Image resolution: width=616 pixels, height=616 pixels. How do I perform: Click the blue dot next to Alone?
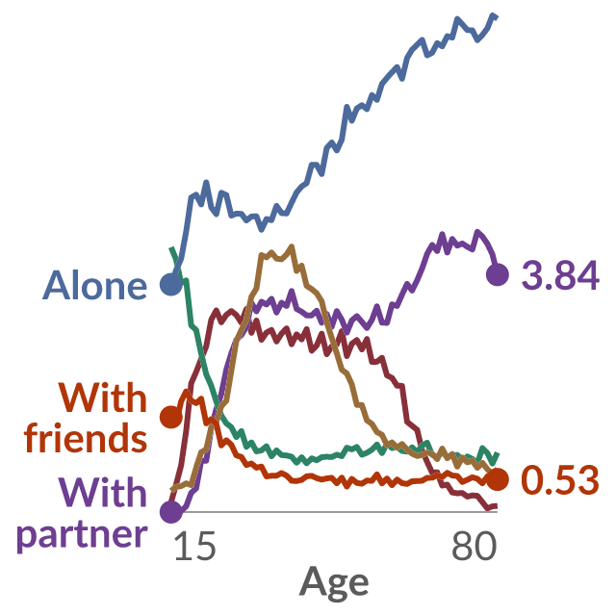pos(171,284)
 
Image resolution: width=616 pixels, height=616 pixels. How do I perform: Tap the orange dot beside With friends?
pos(171,417)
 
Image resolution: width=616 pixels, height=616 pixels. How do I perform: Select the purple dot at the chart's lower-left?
pos(171,512)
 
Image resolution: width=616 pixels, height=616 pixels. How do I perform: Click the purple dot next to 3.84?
pos(498,274)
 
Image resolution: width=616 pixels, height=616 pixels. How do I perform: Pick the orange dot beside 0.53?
pos(498,479)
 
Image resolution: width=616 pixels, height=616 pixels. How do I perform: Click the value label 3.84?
pos(560,275)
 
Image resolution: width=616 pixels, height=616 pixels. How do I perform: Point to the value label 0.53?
pos(560,479)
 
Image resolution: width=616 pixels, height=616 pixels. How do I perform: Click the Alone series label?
pos(94,285)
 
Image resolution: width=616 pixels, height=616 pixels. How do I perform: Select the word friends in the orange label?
pos(86,437)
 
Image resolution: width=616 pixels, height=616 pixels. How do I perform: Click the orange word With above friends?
pos(103,398)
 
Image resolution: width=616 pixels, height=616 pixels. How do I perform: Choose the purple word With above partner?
pos(103,492)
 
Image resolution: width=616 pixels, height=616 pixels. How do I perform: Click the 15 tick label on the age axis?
pos(194,546)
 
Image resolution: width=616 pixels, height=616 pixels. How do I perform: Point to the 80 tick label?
pos(474,546)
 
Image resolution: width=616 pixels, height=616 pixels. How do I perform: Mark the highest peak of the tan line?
pos(291,246)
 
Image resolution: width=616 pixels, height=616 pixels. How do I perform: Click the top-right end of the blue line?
pos(497,16)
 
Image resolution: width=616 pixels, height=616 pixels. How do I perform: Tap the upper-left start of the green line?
pos(171,248)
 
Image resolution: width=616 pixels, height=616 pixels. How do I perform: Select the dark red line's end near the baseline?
pos(497,506)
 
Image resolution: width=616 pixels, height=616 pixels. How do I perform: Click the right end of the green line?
pos(498,453)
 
